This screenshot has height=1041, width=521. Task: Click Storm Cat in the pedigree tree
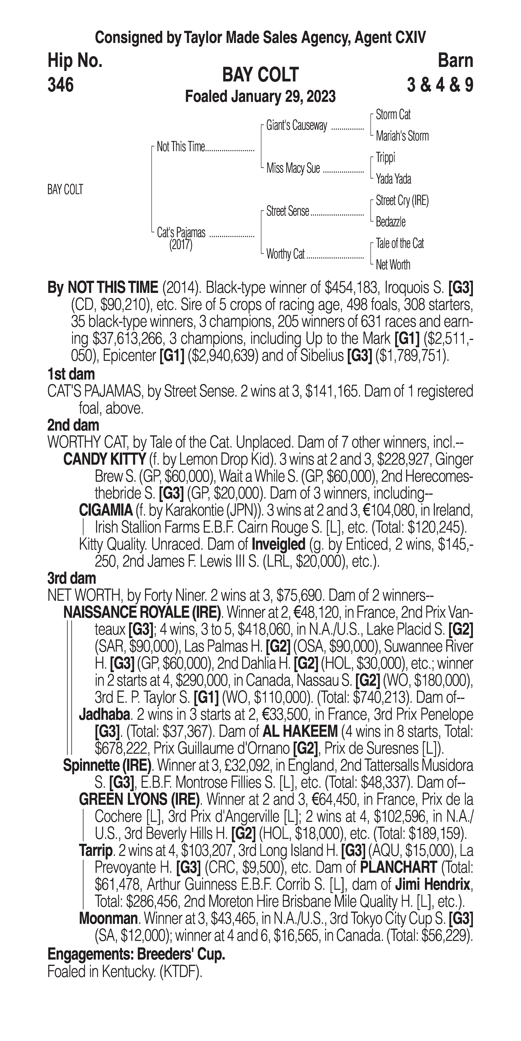coord(393,115)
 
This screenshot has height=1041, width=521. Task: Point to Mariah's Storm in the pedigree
coord(402,136)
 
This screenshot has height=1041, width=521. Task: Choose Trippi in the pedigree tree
coord(385,158)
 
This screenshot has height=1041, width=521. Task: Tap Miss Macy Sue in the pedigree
coord(293,168)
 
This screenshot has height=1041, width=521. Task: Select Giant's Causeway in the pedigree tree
coord(296,126)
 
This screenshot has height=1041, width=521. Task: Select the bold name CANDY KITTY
coord(105,459)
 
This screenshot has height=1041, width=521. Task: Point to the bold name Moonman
coord(108,919)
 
